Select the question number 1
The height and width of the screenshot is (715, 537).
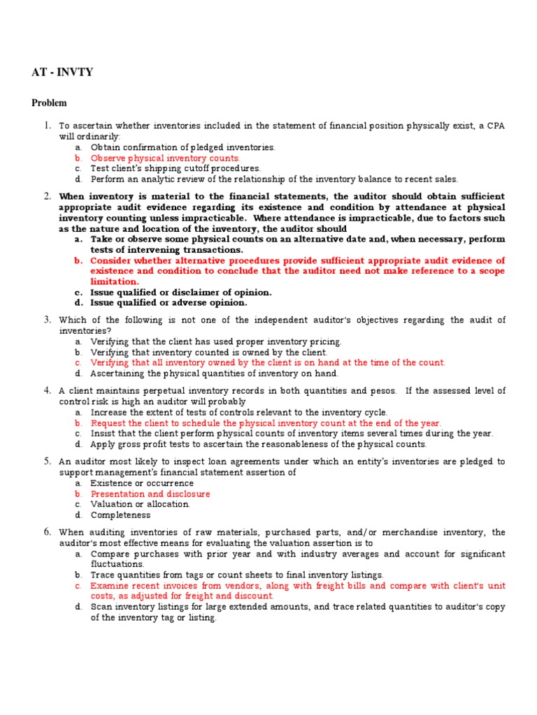pyautogui.click(x=47, y=126)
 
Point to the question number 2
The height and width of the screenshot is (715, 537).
pyautogui.click(x=47, y=196)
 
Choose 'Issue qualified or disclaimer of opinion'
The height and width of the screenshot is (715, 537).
pyautogui.click(x=181, y=292)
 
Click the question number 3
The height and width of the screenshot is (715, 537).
pyautogui.click(x=47, y=320)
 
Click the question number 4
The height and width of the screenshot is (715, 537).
pyautogui.click(x=47, y=390)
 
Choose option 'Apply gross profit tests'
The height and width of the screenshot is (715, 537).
pyautogui.click(x=258, y=444)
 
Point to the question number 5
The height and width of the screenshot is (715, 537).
pyautogui.click(x=47, y=462)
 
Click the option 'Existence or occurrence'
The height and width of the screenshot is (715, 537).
pyautogui.click(x=142, y=483)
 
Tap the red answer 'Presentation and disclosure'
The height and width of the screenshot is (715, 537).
pyautogui.click(x=150, y=494)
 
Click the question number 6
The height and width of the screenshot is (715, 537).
pyautogui.click(x=47, y=532)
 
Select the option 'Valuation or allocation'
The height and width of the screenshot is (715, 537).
pyautogui.click(x=140, y=504)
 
